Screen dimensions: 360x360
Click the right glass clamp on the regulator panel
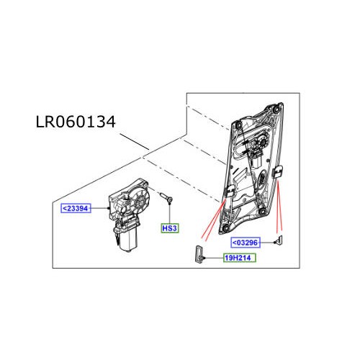tap(278, 172)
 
